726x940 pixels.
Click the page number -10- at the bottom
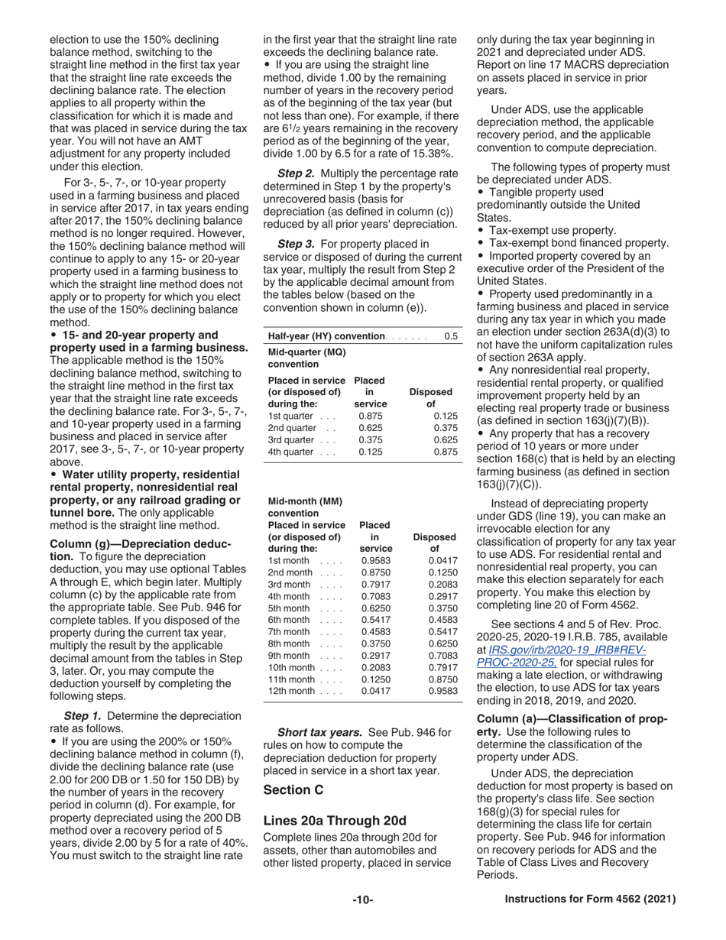(362, 900)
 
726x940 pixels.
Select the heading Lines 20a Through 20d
(335, 820)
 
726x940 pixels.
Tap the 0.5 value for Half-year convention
(451, 337)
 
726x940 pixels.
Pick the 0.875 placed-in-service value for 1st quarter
(371, 416)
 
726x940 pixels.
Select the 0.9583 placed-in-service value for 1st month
(375, 561)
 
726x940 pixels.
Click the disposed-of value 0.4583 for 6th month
(444, 620)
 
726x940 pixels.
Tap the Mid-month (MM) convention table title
(305, 507)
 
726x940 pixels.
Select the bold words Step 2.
(295, 173)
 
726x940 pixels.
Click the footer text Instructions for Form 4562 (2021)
(590, 899)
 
